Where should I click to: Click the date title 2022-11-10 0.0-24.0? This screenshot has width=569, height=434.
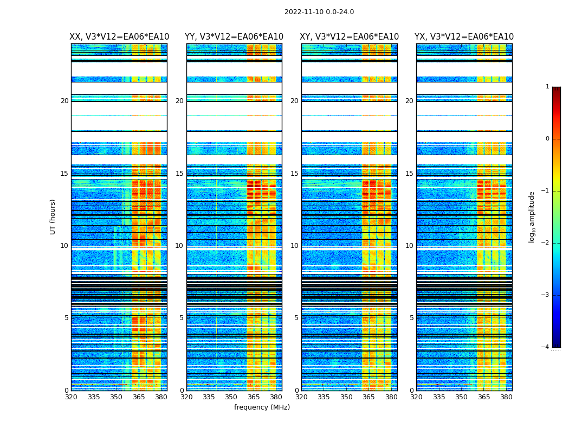tap(319, 12)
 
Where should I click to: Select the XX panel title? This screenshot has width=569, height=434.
tap(119, 37)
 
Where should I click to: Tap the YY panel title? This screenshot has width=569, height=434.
tap(234, 37)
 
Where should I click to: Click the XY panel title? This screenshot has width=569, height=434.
tap(350, 37)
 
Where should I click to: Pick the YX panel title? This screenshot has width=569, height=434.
tap(464, 37)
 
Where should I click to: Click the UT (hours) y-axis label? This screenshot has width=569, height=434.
tap(53, 216)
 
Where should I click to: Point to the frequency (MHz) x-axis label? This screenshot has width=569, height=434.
tap(262, 407)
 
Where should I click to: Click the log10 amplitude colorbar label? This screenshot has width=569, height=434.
tap(532, 216)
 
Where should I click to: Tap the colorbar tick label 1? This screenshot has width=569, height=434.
tap(547, 87)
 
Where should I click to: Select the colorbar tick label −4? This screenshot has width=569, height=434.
tap(546, 347)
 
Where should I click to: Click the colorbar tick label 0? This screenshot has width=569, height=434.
tap(547, 139)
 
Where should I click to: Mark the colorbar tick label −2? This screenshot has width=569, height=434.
tap(546, 243)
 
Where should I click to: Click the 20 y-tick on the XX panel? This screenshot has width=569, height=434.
tap(64, 101)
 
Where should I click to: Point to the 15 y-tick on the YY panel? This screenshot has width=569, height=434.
tap(179, 174)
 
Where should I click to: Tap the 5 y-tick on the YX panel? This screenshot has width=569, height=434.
tap(412, 318)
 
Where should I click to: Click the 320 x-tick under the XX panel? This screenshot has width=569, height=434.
tap(71, 397)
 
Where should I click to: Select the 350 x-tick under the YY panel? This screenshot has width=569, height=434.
tap(231, 397)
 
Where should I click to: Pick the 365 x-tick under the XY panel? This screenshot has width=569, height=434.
tap(369, 397)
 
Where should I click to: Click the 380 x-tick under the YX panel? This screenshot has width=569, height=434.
tap(506, 397)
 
